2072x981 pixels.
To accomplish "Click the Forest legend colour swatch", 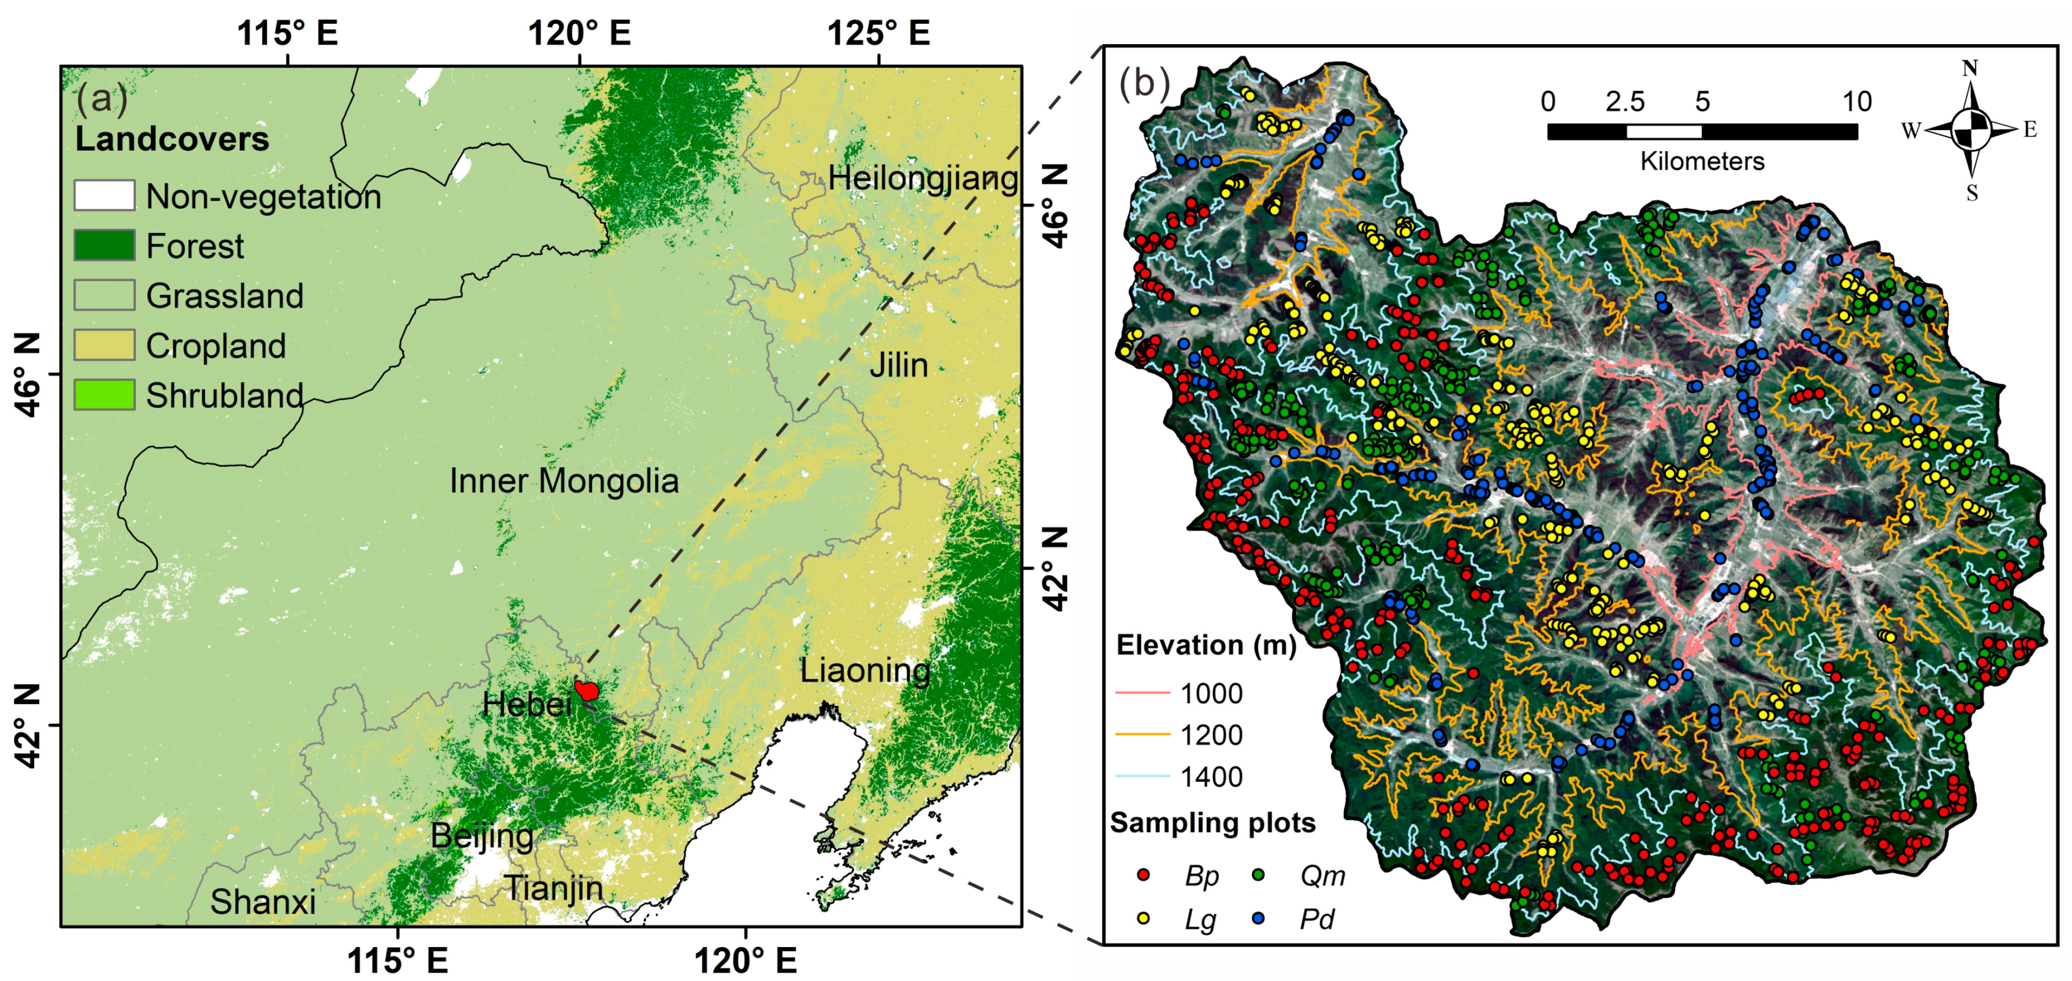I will tap(105, 246).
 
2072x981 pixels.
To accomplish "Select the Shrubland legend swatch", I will tap(105, 395).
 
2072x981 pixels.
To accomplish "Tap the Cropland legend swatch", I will tap(105, 345).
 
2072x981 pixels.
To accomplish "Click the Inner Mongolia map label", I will tap(564, 481).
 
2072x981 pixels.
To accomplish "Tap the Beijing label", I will tap(482, 836).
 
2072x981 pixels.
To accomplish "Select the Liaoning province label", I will tap(865, 670).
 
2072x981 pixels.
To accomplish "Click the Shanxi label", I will tap(263, 901).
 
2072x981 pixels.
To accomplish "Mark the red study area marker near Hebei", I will tap(588, 691).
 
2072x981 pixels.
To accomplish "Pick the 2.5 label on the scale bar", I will tap(1625, 101).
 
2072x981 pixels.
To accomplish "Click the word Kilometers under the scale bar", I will tap(1702, 161).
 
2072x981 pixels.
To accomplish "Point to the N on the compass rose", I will tap(1970, 69).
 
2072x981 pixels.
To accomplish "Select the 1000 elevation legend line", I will tap(1142, 692).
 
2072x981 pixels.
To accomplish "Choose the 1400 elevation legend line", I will tap(1142, 776).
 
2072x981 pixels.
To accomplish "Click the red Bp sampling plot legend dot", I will tap(1143, 874).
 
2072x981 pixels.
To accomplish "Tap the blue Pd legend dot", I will tap(1259, 917).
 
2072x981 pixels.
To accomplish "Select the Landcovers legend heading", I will tap(172, 139).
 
